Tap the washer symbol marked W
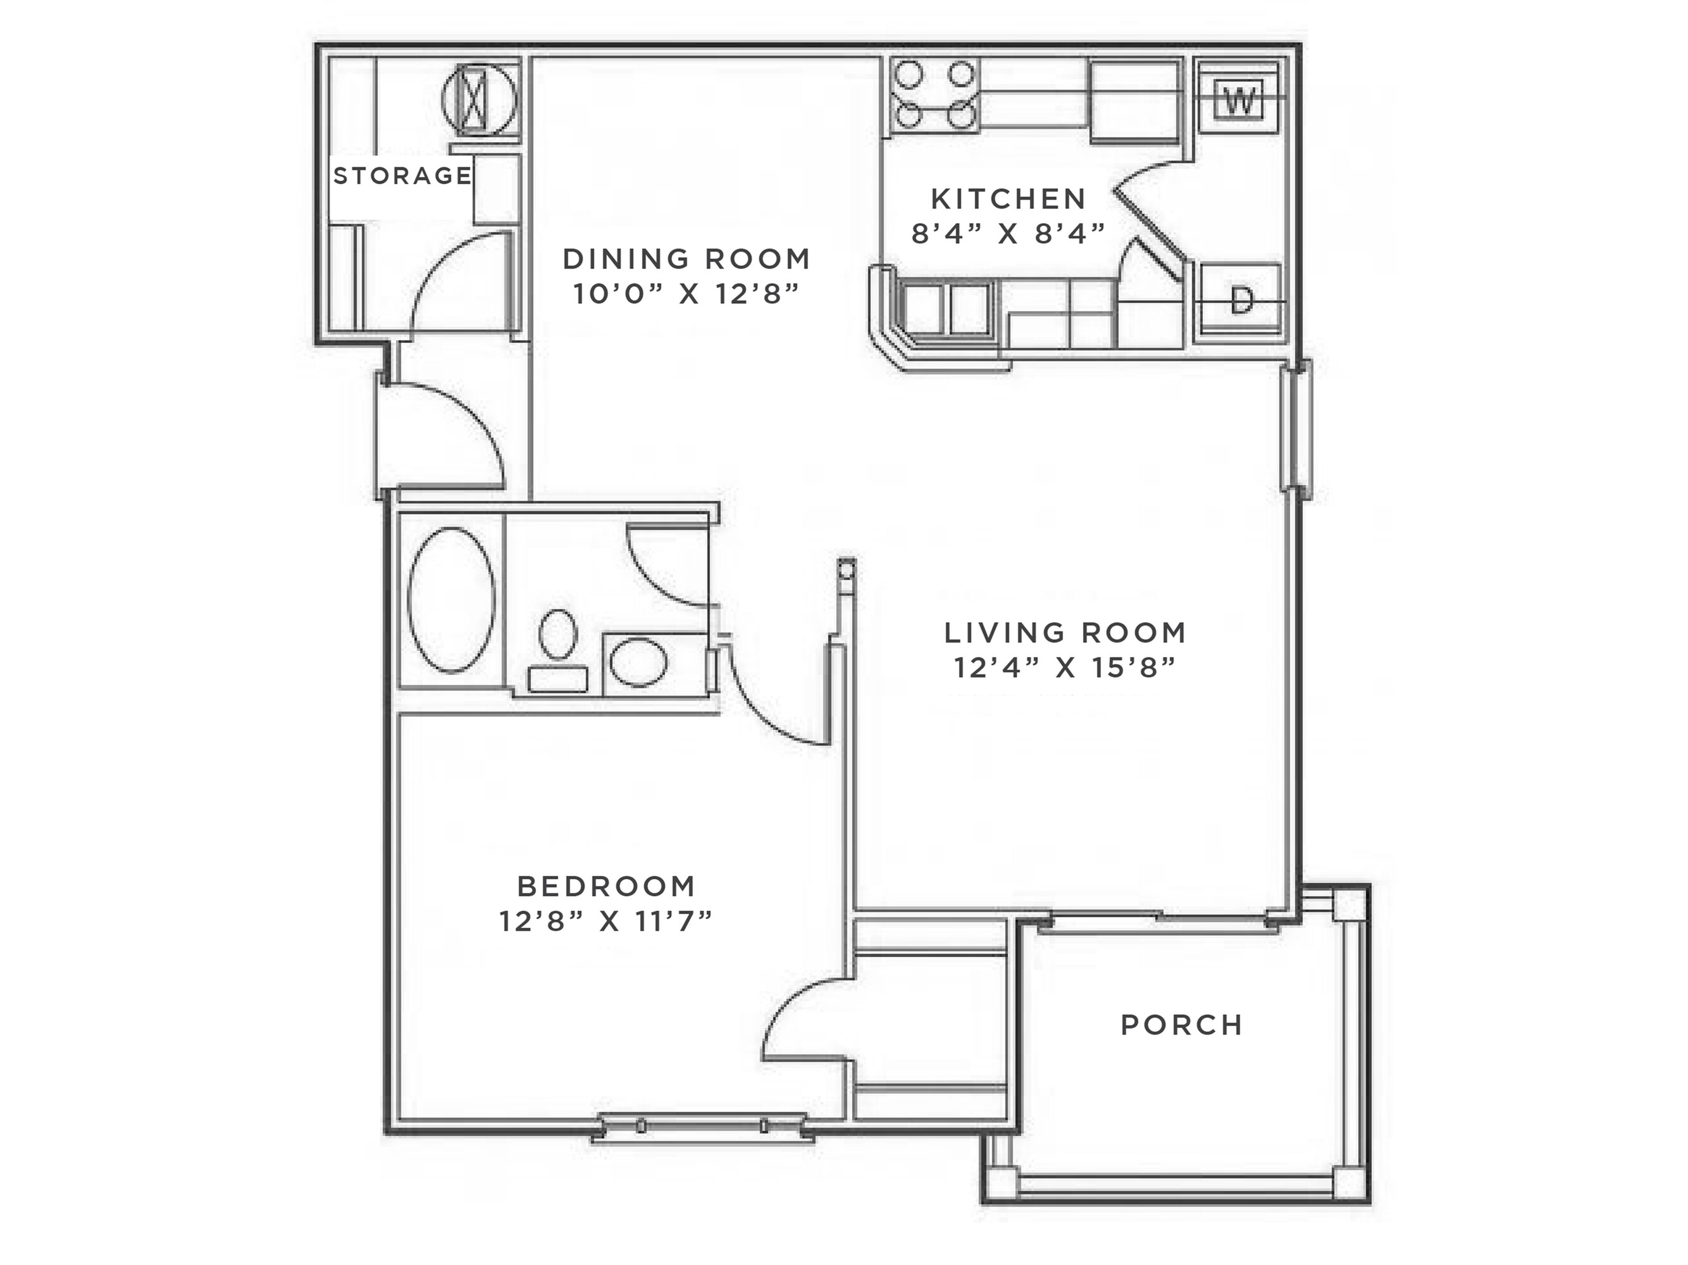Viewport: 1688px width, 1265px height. tap(1239, 99)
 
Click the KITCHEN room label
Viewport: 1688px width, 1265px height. tap(1008, 199)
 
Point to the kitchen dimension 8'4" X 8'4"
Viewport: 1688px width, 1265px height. tap(1008, 233)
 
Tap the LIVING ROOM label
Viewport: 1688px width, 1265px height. tap(1065, 632)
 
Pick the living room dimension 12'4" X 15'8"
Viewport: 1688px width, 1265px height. tap(1065, 669)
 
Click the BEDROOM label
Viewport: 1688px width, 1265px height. tap(607, 887)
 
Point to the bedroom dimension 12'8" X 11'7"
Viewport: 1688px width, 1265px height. tap(606, 922)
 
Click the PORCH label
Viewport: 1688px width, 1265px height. tap(1182, 1025)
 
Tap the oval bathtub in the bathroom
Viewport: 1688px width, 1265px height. tap(451, 600)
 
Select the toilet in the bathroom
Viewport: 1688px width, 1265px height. tap(558, 648)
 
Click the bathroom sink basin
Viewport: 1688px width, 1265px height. tap(638, 662)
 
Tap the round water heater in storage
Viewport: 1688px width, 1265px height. tap(478, 100)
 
